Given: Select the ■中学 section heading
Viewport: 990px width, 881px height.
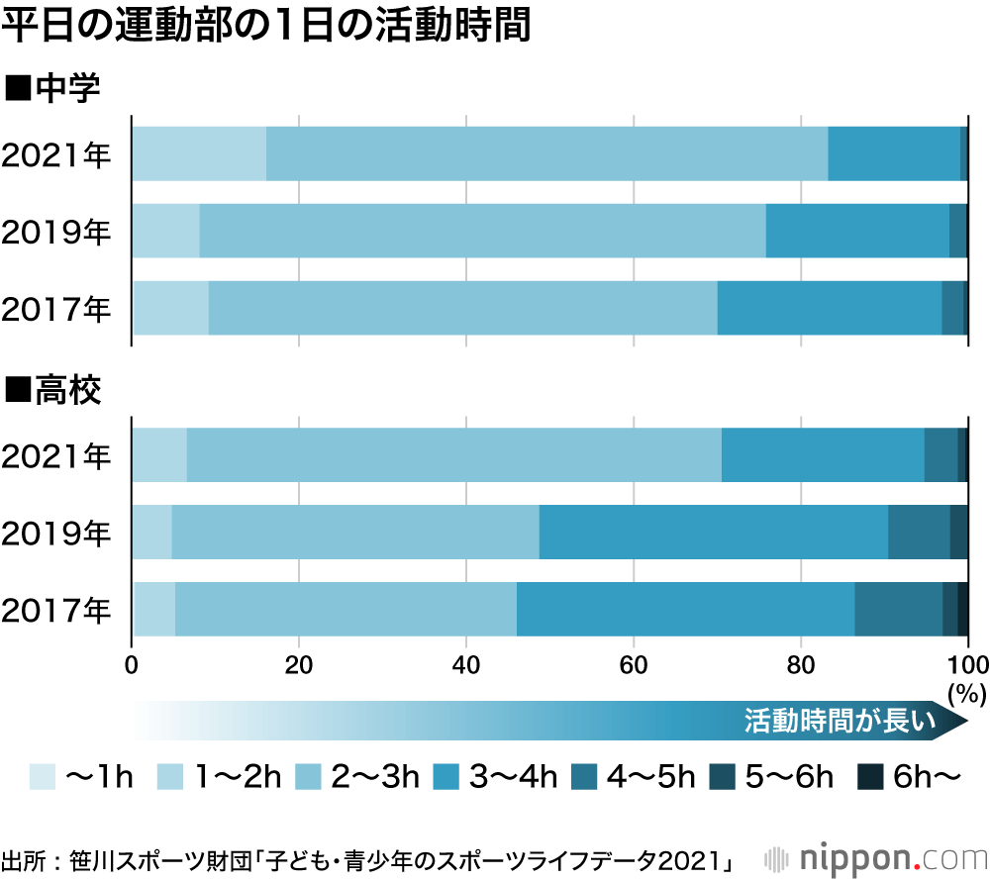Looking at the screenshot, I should coord(53,89).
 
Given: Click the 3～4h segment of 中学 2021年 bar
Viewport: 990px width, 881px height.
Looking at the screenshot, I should coord(893,154).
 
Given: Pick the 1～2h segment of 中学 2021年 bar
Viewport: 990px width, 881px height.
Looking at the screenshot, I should coord(199,154).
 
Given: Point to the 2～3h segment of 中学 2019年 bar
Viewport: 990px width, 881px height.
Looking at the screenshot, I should coord(482,231).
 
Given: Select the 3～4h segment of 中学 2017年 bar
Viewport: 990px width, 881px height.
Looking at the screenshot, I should coord(829,308).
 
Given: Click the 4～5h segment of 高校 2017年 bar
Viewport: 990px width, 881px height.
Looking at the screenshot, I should coord(898,609).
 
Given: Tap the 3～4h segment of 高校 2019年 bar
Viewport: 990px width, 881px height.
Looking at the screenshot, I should coord(713,532).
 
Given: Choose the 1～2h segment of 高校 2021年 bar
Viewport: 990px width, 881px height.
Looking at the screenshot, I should coord(159,454).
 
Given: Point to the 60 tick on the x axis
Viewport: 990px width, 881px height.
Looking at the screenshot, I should coord(634,663).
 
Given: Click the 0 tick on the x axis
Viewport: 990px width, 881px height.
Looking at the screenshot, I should coord(132,663).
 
